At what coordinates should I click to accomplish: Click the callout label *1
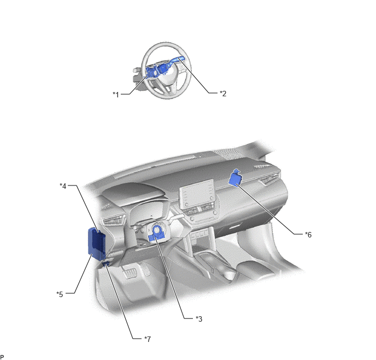pos(116,95)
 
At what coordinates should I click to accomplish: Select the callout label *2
pos(223,94)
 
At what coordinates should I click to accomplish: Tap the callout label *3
pos(199,319)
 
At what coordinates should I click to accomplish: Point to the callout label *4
pos(63,186)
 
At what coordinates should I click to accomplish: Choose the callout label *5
pos(60,294)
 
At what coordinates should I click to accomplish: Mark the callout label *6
pos(308,235)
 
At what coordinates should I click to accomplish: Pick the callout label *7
pos(148,339)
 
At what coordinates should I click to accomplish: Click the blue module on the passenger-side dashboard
pos(235,178)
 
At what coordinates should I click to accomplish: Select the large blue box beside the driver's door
pos(97,243)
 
